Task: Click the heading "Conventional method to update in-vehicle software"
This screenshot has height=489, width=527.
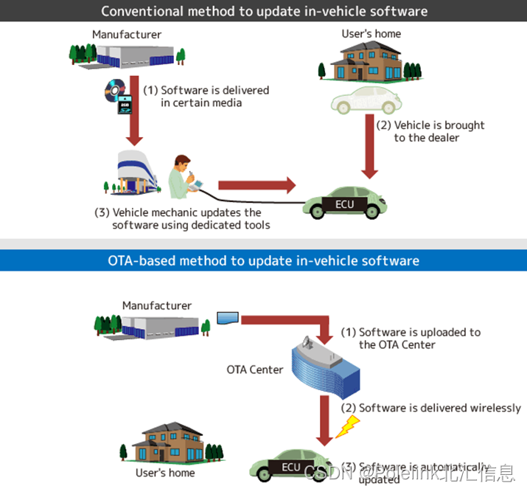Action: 264,11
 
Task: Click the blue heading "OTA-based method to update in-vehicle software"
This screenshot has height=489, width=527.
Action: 264,260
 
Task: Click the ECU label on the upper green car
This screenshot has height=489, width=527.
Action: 344,204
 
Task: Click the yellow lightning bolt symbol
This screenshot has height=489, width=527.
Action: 347,426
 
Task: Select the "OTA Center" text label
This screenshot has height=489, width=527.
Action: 255,369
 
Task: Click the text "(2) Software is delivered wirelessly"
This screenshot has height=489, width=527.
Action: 430,408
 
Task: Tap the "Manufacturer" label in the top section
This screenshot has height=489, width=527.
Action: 127,34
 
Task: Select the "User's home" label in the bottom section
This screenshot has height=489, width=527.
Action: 165,472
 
